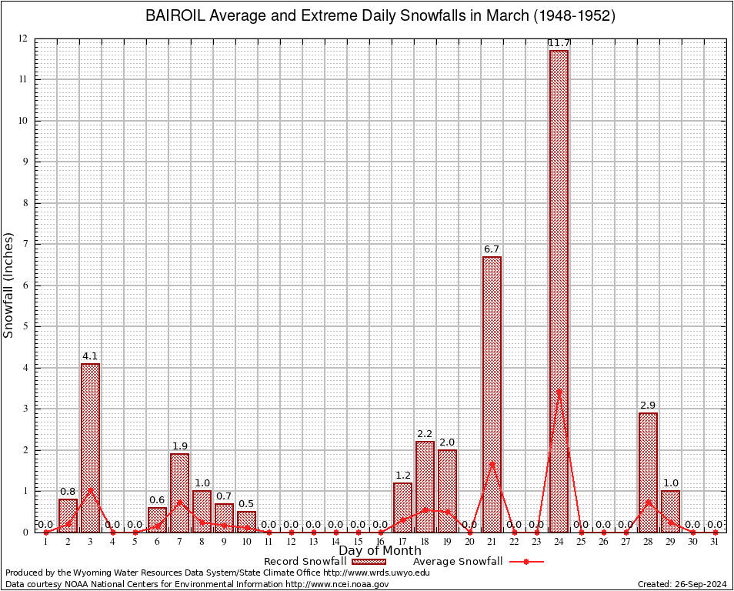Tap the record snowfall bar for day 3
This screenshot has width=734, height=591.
90,447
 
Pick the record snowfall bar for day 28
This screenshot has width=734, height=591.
648,472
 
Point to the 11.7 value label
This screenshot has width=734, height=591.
559,42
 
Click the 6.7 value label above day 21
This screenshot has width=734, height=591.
492,249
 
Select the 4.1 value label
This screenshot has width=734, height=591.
90,356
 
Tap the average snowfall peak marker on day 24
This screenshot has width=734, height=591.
559,391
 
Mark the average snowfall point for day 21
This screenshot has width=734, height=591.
492,463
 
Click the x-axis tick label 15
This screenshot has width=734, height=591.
358,542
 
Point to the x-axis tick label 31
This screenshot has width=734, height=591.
715,542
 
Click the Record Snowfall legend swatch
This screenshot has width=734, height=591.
369,562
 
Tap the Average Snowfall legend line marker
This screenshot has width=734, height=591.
526,562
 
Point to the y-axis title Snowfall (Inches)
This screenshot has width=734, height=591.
9,285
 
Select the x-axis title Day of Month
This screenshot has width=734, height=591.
380,551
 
